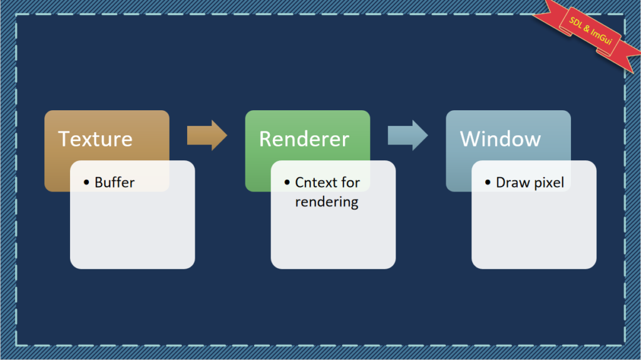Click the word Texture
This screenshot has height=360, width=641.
[95, 139]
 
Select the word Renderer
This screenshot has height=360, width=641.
[304, 139]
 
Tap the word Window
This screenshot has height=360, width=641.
[500, 139]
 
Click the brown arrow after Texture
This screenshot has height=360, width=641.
[207, 135]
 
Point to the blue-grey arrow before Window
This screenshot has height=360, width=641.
[408, 135]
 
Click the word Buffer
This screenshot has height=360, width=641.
[115, 182]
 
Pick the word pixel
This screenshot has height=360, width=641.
[548, 183]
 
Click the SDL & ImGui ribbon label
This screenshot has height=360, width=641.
[591, 31]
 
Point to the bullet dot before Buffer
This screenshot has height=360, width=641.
[86, 182]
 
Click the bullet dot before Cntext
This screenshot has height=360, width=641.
[287, 182]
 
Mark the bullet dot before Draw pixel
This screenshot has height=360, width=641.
[488, 182]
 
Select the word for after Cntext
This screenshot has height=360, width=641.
[350, 182]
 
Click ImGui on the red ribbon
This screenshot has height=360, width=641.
[601, 37]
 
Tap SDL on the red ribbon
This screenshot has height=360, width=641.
[576, 23]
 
